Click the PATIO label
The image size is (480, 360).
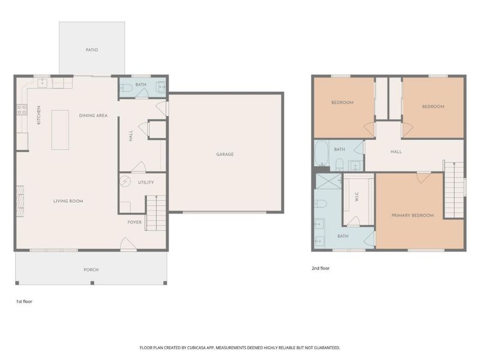coord(92,50)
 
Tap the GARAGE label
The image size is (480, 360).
coord(225,154)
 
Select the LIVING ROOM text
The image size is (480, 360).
coord(68,201)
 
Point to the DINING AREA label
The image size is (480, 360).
coord(94,115)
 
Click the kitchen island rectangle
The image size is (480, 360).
coord(60,130)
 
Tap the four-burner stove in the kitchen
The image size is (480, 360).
coord(22,110)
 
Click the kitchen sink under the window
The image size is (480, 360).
coord(42,83)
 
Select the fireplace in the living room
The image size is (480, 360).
coord(20,201)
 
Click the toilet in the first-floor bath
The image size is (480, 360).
coord(126,88)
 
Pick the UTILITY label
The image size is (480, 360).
coord(146,182)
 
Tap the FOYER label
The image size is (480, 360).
coord(134,222)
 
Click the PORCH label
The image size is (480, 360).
coord(91,269)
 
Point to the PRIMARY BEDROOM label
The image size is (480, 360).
coord(413,215)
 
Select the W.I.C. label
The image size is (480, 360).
coord(356,197)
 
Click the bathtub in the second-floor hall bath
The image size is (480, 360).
coord(322,154)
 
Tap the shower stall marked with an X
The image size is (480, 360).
coord(328,181)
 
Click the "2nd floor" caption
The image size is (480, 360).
coord(320,268)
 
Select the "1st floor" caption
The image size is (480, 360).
coord(24,301)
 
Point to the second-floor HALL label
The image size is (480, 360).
coord(396,152)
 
